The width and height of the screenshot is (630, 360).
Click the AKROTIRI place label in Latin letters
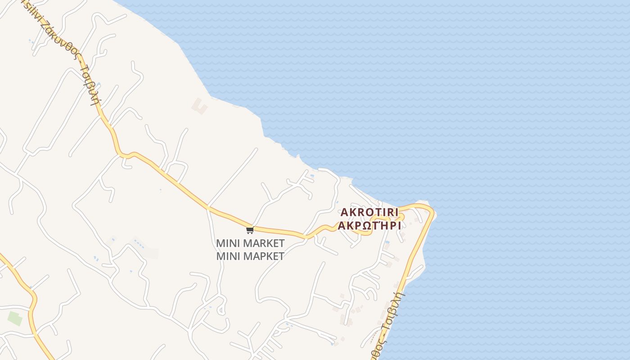pos(369,212)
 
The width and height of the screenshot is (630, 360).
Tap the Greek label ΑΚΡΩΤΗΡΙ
pos(369,225)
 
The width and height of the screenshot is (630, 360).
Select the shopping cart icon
pos(250,230)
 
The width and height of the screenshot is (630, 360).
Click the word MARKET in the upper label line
pos(264,243)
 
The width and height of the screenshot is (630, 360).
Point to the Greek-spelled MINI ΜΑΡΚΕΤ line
pos(250,256)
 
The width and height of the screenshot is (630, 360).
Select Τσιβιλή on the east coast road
pos(396,310)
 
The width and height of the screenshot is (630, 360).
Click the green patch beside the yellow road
pos(15,319)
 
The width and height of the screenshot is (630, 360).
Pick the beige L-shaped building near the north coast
pos(199,106)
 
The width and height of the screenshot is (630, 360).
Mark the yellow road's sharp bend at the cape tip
pos(431,211)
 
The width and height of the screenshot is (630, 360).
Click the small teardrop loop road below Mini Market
pos(221,310)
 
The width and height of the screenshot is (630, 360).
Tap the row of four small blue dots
pos(139,245)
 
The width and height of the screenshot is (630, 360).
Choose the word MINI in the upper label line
pos(228,243)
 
